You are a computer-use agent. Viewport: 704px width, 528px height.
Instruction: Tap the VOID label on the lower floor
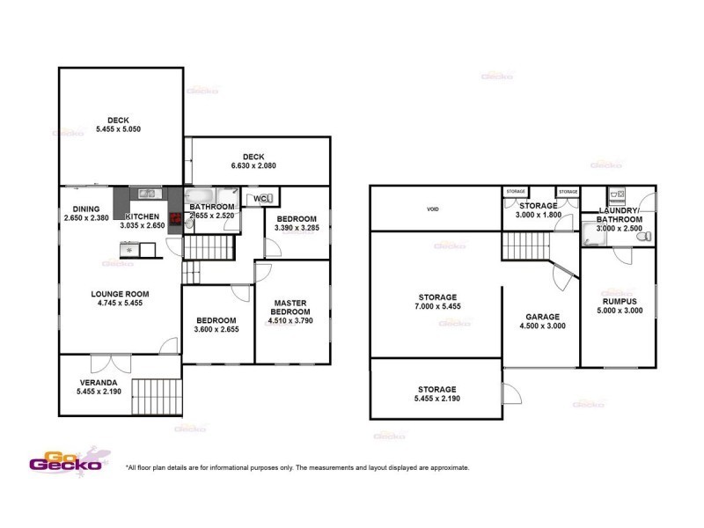(432, 209)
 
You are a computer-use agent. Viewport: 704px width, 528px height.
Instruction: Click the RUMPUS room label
(620, 301)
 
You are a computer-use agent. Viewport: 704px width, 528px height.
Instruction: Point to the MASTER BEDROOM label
(289, 308)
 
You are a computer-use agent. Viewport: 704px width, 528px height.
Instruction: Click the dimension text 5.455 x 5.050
(118, 129)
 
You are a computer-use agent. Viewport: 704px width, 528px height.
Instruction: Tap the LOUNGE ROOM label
(120, 294)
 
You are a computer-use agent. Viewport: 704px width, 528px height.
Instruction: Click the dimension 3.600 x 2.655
(216, 329)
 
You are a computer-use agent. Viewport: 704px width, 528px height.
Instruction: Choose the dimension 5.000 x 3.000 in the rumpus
(620, 311)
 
